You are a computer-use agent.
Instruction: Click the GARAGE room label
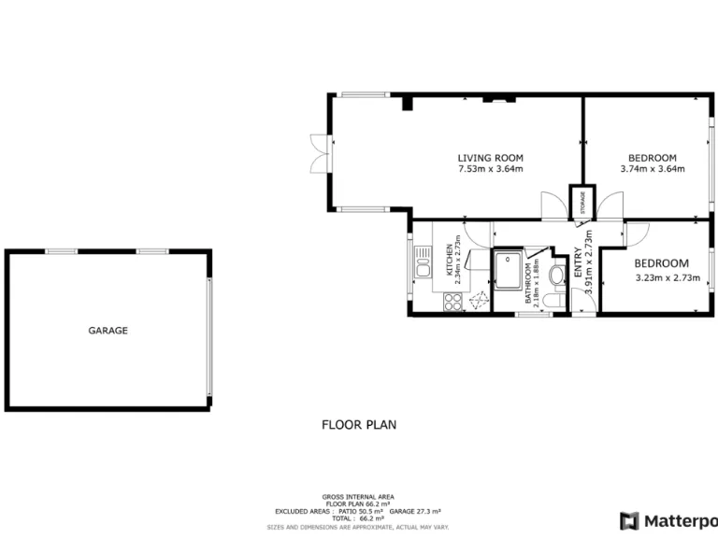pyautogui.click(x=108, y=331)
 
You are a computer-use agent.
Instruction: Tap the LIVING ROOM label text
pyautogui.click(x=490, y=158)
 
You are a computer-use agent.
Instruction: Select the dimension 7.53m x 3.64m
pyautogui.click(x=490, y=169)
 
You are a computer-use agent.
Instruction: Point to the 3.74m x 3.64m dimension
pyautogui.click(x=653, y=169)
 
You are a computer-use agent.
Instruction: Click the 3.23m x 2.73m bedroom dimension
pyautogui.click(x=668, y=277)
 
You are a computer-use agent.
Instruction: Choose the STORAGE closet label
pyautogui.click(x=583, y=203)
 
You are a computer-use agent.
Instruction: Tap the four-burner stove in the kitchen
pyautogui.click(x=452, y=302)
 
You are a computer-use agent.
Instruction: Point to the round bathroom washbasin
pyautogui.click(x=557, y=275)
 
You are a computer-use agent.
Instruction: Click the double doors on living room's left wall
pyautogui.click(x=318, y=154)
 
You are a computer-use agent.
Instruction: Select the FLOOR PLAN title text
pyautogui.click(x=359, y=424)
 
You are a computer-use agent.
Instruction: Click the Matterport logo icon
pyautogui.click(x=630, y=520)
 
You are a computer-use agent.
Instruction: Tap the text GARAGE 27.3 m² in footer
pyautogui.click(x=415, y=512)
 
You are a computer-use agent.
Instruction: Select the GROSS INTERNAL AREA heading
pyautogui.click(x=358, y=497)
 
